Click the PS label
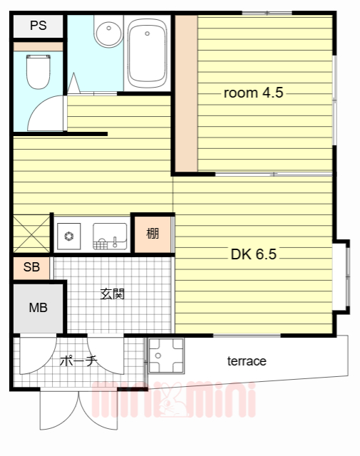(x=38, y=26)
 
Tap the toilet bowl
(x=38, y=71)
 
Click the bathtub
(x=148, y=53)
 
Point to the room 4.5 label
(x=253, y=93)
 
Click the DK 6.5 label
(x=253, y=254)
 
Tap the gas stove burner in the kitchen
(x=69, y=236)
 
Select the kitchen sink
(x=110, y=236)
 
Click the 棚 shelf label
(x=153, y=233)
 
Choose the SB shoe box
(x=31, y=267)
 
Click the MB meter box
(x=38, y=308)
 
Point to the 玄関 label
(x=113, y=294)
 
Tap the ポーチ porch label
(x=78, y=361)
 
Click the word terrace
(x=247, y=361)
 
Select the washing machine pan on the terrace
(x=166, y=356)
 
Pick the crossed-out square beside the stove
(x=31, y=234)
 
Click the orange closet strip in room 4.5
(x=186, y=93)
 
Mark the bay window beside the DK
(x=341, y=276)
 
